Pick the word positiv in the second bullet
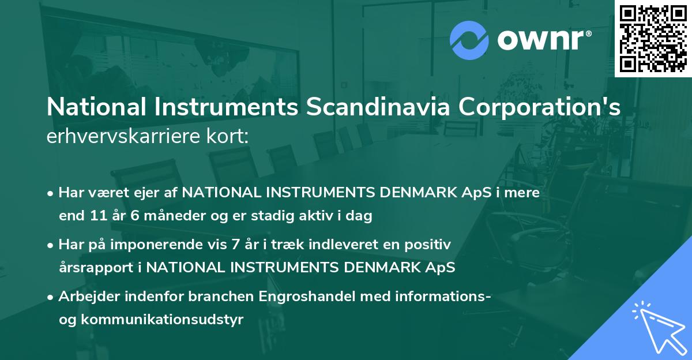[432, 245]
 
